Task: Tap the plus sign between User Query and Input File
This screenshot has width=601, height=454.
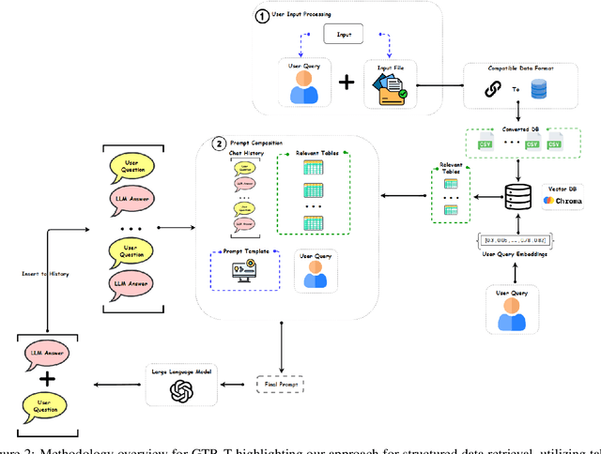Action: click(347, 83)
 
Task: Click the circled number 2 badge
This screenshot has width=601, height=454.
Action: click(219, 144)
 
